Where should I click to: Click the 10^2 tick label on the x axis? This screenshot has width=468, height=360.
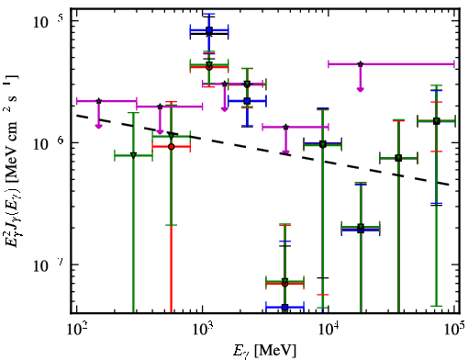click(76, 330)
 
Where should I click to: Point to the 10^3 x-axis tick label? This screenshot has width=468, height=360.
click(203, 330)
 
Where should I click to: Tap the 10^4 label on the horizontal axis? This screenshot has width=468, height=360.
click(329, 330)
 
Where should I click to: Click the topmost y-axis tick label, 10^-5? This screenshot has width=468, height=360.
click(48, 21)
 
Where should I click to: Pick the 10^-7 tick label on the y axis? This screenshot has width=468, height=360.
click(48, 265)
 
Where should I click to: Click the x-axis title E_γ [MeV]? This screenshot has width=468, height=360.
click(264, 351)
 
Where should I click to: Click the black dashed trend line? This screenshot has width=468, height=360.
click(263, 150)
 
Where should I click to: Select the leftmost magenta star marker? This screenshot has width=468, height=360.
click(98, 101)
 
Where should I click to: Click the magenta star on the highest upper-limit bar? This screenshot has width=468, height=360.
click(361, 64)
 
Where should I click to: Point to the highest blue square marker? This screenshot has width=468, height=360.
click(209, 30)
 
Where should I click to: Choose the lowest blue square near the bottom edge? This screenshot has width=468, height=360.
click(284, 307)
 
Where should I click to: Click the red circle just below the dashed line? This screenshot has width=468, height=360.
click(172, 147)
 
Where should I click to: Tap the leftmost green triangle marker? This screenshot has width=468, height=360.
click(133, 155)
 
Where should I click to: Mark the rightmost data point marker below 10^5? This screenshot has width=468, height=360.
click(437, 121)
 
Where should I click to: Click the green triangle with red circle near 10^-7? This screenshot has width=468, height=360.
click(284, 282)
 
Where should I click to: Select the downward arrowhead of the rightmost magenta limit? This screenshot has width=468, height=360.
click(361, 89)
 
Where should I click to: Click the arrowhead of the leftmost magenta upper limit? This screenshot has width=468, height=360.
click(98, 126)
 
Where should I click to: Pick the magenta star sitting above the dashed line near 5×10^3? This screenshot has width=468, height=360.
click(285, 127)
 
